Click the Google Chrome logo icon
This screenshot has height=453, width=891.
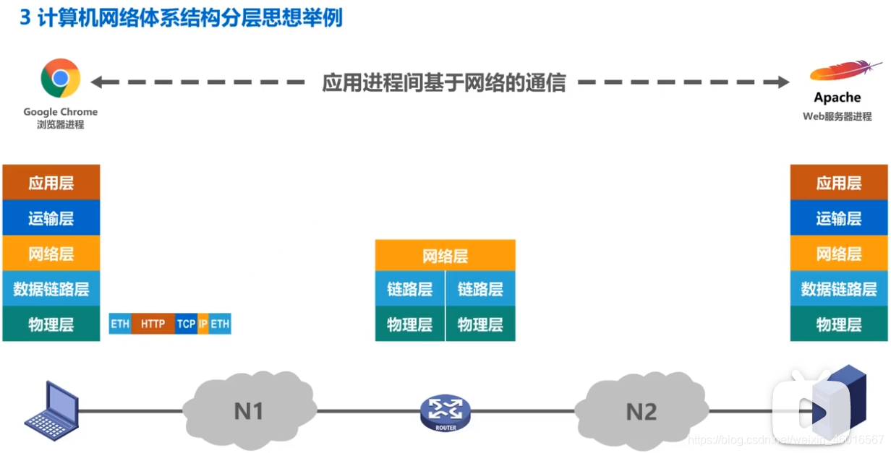point(60,78)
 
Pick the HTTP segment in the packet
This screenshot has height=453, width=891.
point(153,324)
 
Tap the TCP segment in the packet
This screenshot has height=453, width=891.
point(186,324)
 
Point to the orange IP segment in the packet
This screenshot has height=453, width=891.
point(202,324)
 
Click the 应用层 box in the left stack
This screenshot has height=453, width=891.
point(51,183)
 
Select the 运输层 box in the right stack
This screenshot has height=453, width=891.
point(839,218)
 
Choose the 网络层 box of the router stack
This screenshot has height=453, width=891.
point(445,256)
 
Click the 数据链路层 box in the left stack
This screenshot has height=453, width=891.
point(51,289)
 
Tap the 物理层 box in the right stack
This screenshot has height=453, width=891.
point(839,324)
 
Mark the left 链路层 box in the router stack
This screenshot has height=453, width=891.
point(409,289)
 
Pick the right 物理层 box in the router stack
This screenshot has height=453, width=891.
point(480,324)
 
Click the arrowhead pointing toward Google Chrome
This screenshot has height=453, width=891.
point(96,82)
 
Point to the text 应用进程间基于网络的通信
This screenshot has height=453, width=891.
point(443,82)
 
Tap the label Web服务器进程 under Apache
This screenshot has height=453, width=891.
point(837,116)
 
